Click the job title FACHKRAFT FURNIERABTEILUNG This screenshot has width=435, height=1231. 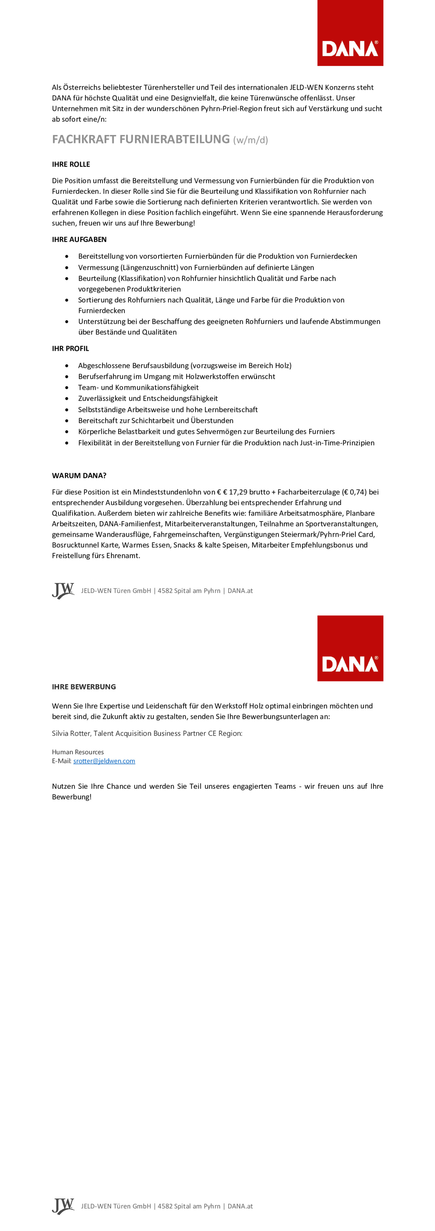click(x=141, y=139)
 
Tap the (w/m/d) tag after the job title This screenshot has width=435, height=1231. click(x=251, y=140)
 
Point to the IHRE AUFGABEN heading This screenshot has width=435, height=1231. click(x=79, y=239)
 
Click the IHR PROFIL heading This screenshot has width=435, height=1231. click(x=70, y=348)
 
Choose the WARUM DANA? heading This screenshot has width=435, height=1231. click(x=79, y=476)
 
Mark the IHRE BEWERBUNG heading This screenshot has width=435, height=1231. click(x=84, y=687)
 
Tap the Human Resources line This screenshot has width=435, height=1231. click(x=77, y=752)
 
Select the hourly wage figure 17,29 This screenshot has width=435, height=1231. click(x=238, y=492)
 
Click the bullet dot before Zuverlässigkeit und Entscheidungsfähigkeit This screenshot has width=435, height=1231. click(x=67, y=398)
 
